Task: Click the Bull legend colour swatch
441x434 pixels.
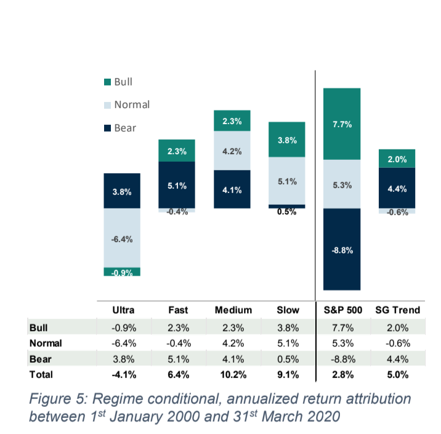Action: tap(108, 82)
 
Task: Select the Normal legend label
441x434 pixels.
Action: tap(132, 105)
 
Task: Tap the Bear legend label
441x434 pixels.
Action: tap(125, 128)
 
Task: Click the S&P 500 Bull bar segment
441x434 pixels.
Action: tap(342, 124)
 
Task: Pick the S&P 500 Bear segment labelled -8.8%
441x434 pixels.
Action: tap(342, 250)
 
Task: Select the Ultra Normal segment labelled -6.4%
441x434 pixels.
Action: tap(122, 239)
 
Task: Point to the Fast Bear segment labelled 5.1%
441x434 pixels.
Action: tap(177, 185)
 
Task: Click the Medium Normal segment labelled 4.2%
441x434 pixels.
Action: tap(232, 151)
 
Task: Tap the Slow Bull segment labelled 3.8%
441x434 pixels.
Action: tap(286, 140)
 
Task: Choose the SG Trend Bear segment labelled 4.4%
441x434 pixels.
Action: tap(397, 189)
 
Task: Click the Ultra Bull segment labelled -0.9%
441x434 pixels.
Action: tap(122, 272)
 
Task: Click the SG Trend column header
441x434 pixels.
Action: tap(397, 310)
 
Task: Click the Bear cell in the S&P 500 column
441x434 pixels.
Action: tap(342, 358)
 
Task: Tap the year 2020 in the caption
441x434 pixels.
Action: tap(322, 416)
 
